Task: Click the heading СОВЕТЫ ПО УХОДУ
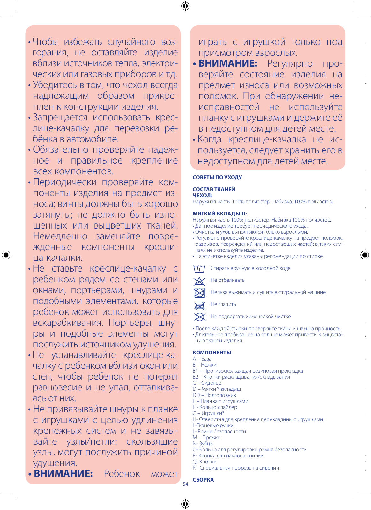217,177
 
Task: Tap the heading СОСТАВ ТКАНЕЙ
214,189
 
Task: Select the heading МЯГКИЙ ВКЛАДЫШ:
219,214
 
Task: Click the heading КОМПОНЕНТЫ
212,353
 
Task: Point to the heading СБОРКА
203,480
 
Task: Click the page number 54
185,484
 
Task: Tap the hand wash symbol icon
199,269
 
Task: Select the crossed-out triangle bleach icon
199,281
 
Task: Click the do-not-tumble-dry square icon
199,293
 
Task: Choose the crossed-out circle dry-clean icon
199,317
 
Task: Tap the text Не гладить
223,304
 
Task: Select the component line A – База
202,359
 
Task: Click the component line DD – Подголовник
214,395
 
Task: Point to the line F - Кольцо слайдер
215,407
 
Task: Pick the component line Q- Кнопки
204,462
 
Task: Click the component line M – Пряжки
206,437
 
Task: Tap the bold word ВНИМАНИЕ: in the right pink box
228,63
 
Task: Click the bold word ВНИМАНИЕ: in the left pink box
63,473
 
